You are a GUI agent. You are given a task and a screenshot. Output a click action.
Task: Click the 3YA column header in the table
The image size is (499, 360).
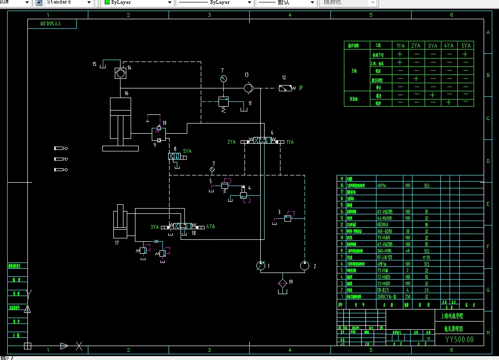pos(432,46)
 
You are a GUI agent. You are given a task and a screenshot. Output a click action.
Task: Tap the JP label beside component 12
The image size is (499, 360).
pos(301,88)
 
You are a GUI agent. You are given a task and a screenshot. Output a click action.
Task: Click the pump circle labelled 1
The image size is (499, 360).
pos(260,266)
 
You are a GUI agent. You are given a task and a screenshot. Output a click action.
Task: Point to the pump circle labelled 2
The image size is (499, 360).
pos(304,265)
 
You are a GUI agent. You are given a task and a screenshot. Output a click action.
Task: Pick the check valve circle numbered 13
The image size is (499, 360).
pos(248,88)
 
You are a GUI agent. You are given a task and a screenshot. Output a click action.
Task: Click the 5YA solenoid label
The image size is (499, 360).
pos(187,151)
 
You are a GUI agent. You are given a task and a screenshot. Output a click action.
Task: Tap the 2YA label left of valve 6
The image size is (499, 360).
pos(231,142)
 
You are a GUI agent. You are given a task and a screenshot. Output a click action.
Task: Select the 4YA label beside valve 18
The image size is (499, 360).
pos(210,226)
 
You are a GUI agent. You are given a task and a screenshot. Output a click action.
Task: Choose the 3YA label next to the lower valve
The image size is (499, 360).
pos(154,227)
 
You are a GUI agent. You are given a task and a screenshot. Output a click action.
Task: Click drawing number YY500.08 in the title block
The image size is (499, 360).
pos(459,339)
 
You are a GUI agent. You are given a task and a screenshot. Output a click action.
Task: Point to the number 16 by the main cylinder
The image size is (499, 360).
pos(126,93)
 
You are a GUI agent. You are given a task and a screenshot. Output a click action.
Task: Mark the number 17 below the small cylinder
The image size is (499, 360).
pos(117,243)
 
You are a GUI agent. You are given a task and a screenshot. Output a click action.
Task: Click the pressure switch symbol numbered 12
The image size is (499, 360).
pos(285,88)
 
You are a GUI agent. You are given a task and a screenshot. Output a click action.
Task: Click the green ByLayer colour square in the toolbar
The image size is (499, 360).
pos(107,2)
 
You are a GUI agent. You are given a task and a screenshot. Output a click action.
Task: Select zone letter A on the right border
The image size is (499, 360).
pos(488,33)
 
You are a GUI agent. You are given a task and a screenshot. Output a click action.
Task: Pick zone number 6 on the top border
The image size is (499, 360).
pos(451,15)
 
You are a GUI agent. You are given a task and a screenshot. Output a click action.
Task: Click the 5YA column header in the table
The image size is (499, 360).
pos(466,46)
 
